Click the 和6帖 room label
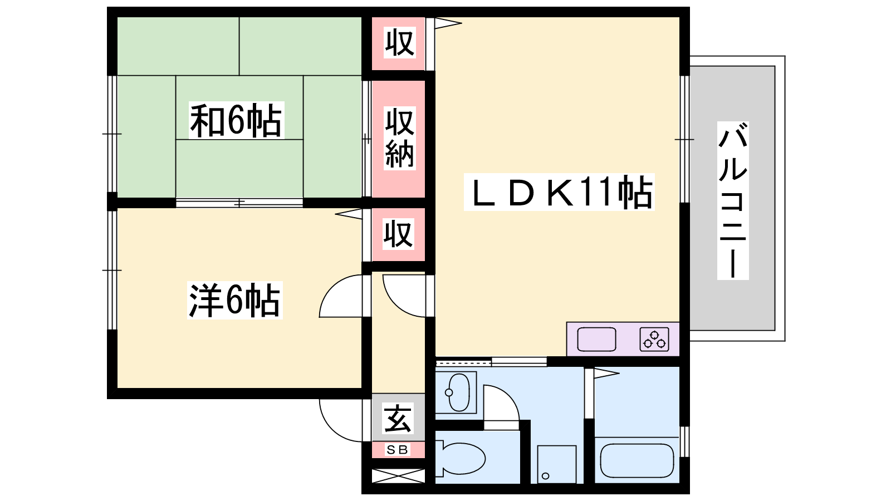[236, 120]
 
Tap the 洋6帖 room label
[234, 300]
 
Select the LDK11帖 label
[559, 192]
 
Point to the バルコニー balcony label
[733, 200]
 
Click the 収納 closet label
[399, 138]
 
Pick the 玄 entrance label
[398, 418]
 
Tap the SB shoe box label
[398, 450]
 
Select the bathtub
[637, 460]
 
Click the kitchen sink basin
[596, 339]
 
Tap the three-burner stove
[654, 339]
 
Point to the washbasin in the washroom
[458, 392]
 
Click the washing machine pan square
[557, 464]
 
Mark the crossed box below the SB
[398, 476]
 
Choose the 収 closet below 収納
[398, 234]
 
